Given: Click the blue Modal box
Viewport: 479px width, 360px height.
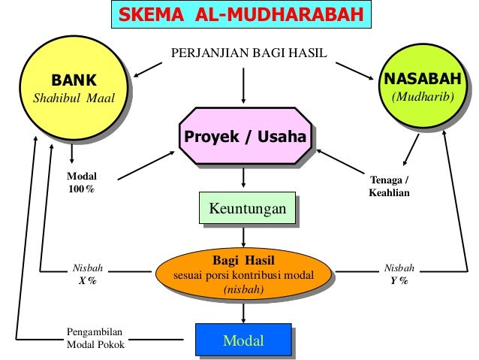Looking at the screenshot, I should tap(243, 341).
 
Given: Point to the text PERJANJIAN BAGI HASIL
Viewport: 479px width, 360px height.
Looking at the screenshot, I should tap(243, 53).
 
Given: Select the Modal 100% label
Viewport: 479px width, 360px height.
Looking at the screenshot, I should tap(83, 182).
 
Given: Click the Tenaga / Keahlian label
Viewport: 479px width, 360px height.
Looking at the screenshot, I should tap(390, 186).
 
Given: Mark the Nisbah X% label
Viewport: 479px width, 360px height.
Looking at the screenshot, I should tap(87, 274).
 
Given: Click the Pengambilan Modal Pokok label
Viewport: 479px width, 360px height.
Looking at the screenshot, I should tap(95, 338).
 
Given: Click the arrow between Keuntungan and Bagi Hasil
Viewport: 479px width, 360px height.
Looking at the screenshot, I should tap(244, 237).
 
